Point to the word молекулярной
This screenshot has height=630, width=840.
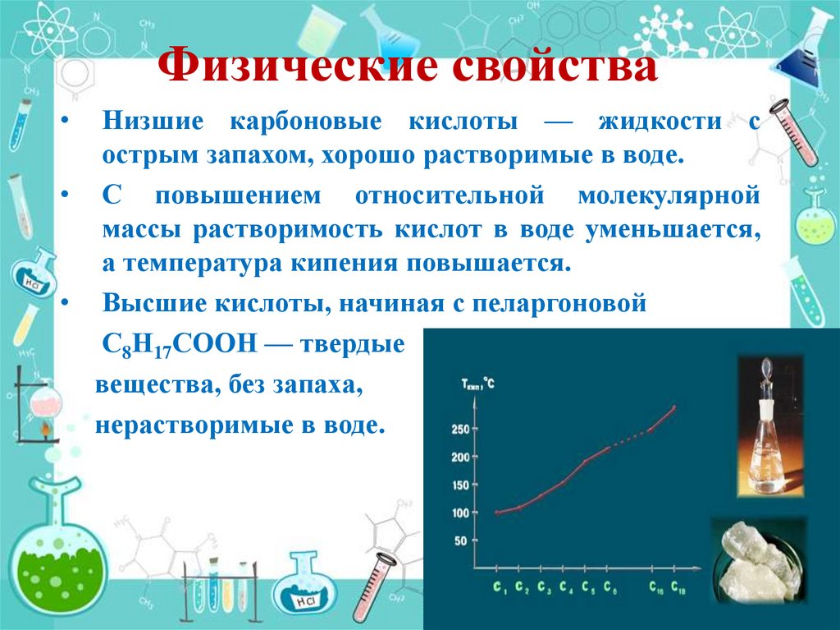pyautogui.click(x=668, y=197)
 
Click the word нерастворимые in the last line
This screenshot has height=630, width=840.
pyautogui.click(x=195, y=426)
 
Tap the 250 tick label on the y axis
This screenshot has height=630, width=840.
pyautogui.click(x=460, y=430)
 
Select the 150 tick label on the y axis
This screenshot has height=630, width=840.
pyautogui.click(x=460, y=485)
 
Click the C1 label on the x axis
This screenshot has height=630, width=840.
pyautogui.click(x=500, y=587)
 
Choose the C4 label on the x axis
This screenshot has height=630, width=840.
pyautogui.click(x=566, y=587)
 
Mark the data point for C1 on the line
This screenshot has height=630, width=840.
pyautogui.click(x=497, y=513)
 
